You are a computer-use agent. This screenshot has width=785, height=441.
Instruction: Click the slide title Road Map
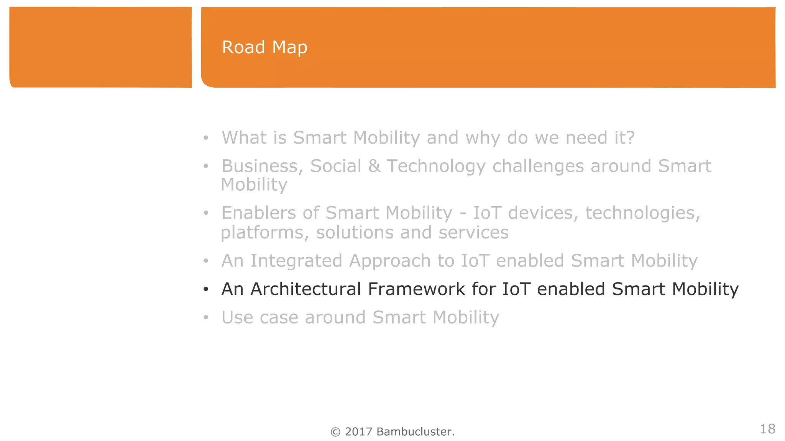[x=264, y=47]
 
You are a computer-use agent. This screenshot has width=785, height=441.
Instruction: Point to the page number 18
[x=767, y=429]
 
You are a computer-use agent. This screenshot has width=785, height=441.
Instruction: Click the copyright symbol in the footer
[x=335, y=432]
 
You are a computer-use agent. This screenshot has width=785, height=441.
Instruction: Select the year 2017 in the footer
[x=358, y=432]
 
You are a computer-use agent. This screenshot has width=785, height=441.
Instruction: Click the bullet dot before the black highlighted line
[x=206, y=289]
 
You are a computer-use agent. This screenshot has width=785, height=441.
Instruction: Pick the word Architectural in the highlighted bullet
[x=305, y=289]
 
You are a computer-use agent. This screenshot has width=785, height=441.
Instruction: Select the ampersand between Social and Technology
[x=374, y=166]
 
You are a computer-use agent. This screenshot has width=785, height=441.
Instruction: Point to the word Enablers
[x=259, y=213]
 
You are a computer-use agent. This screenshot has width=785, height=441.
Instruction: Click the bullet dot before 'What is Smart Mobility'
[x=206, y=138]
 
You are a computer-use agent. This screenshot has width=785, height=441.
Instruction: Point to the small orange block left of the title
[x=100, y=47]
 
